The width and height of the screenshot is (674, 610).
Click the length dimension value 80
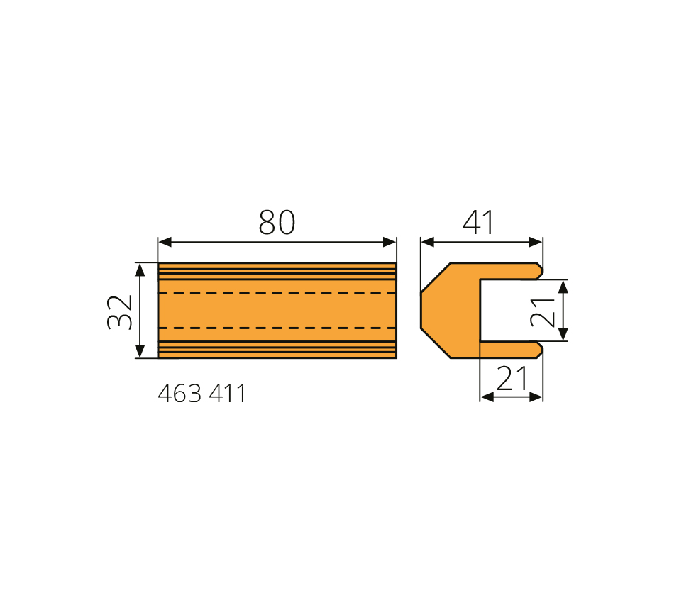point(277,222)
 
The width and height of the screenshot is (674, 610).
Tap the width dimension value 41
point(478,222)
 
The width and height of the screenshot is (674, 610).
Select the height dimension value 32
point(120,312)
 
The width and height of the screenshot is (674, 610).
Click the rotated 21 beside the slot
point(543,312)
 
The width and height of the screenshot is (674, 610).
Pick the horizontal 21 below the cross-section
point(512,378)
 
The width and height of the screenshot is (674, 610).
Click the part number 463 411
point(201,394)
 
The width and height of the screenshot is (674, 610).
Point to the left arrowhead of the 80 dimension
point(165,242)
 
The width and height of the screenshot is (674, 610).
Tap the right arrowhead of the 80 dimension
point(390,242)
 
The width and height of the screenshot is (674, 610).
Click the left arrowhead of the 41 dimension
point(428,242)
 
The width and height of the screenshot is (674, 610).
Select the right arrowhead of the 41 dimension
point(536,242)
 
